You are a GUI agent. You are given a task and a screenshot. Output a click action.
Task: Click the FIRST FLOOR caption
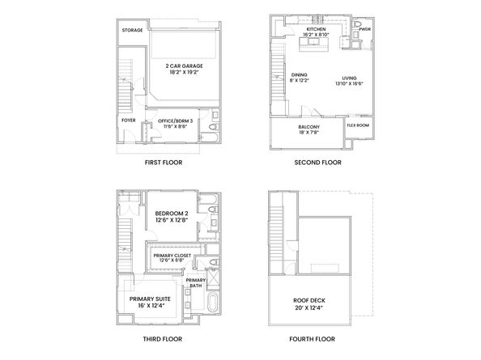coord(164,163)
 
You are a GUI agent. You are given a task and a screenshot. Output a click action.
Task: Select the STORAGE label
coord(132,30)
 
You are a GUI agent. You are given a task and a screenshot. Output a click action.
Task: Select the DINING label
coord(298,75)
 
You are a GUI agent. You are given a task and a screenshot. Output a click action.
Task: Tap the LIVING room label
coord(349,75)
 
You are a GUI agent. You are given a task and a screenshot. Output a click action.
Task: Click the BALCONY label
coord(309,127)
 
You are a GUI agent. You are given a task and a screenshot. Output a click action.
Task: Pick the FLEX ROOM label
coord(358,125)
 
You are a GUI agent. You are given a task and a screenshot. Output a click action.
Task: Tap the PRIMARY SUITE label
coord(146,299)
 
